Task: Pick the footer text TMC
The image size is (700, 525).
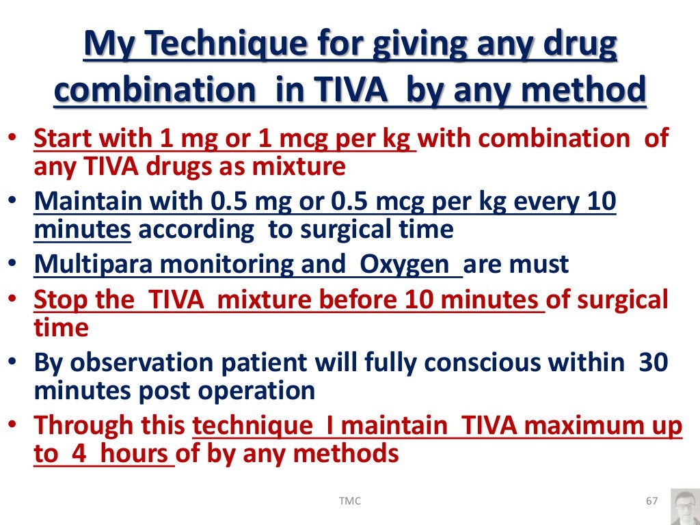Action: (x=350, y=501)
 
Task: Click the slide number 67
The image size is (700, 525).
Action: (x=651, y=501)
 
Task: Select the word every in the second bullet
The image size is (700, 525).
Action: (x=526, y=202)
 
